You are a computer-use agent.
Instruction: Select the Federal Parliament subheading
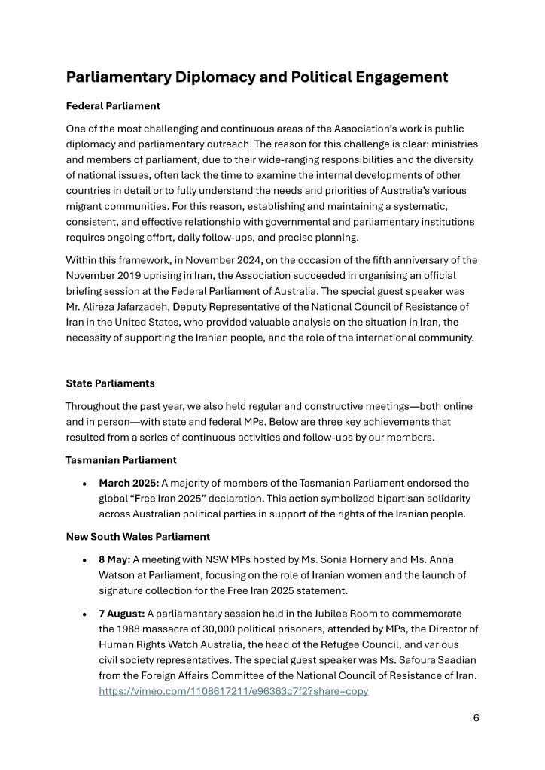point(113,106)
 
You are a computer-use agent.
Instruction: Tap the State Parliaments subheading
point(110,383)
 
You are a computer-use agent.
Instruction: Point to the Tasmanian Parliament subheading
point(121,460)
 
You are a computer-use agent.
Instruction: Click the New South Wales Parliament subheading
point(138,537)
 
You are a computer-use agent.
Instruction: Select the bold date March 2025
point(129,483)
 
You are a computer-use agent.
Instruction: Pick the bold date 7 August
point(122,614)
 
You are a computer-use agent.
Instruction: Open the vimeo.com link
point(233,691)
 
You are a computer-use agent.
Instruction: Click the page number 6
point(476,717)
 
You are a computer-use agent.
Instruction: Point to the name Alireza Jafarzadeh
point(129,307)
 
